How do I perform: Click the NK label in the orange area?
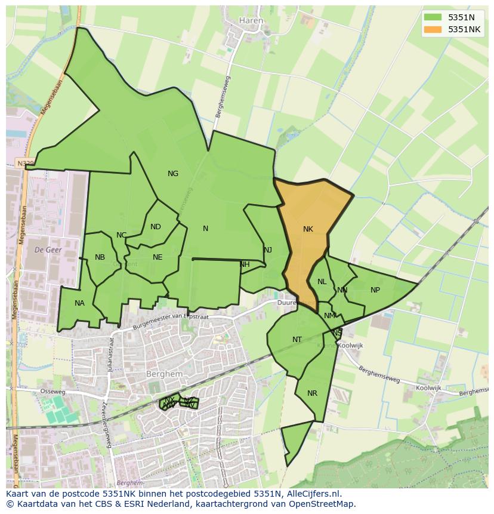pos(308,229)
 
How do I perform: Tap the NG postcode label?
pos(173,174)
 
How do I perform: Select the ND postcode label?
pos(156,227)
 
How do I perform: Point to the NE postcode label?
pos(158,257)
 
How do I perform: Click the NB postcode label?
pos(100,257)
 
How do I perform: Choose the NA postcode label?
pos(79,303)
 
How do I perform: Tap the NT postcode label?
pos(297,340)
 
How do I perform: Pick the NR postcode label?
pos(312,393)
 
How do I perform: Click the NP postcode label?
pos(375,290)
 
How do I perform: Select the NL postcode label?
pos(322,282)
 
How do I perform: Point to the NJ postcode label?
pos(268,250)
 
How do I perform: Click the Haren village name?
pos(251,20)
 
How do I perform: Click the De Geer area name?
pos(48,250)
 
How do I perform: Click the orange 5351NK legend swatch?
pos(433,29)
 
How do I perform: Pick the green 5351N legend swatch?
pos(433,17)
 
